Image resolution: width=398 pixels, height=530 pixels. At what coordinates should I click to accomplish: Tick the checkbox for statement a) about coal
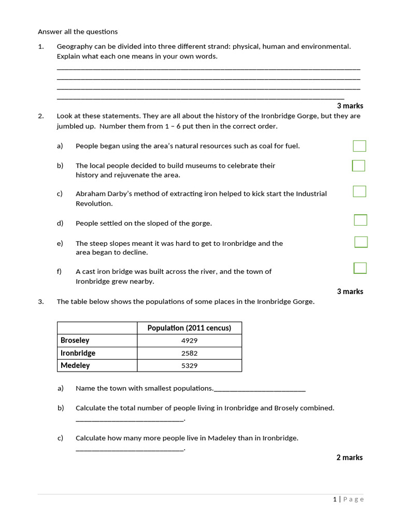point(359,146)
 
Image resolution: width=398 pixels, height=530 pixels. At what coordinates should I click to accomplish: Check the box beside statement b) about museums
point(359,166)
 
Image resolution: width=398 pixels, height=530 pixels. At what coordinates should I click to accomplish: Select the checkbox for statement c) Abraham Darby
point(359,192)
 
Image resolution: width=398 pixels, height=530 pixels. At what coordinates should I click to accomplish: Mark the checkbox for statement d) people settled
point(360,220)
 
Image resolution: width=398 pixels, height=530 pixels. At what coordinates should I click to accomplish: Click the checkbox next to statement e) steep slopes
point(361,242)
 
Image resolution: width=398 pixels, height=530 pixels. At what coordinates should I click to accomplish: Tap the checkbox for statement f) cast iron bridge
point(360,268)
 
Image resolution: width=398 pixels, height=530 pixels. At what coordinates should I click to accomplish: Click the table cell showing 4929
point(189,341)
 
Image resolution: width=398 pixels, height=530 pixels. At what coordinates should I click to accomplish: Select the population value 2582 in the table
point(189,353)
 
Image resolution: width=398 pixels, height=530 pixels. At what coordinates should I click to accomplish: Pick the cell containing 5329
point(189,365)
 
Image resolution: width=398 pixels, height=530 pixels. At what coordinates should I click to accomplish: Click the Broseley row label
point(75,341)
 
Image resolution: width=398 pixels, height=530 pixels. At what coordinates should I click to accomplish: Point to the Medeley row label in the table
point(75,365)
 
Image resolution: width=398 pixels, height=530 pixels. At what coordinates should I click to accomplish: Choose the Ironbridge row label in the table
point(78,353)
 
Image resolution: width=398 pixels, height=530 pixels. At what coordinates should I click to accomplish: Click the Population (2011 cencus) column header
point(189,328)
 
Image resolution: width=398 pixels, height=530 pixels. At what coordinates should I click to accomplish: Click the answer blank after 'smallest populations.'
point(260,389)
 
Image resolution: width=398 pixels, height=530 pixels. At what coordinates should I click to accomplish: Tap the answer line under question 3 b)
point(130,419)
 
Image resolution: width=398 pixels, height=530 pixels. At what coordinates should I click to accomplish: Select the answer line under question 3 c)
point(130,449)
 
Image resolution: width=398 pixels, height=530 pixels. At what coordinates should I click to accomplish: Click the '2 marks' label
point(349,458)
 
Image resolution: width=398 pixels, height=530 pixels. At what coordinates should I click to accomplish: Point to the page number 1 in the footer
point(334,499)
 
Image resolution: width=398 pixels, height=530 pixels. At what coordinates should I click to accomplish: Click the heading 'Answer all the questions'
point(78,32)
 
